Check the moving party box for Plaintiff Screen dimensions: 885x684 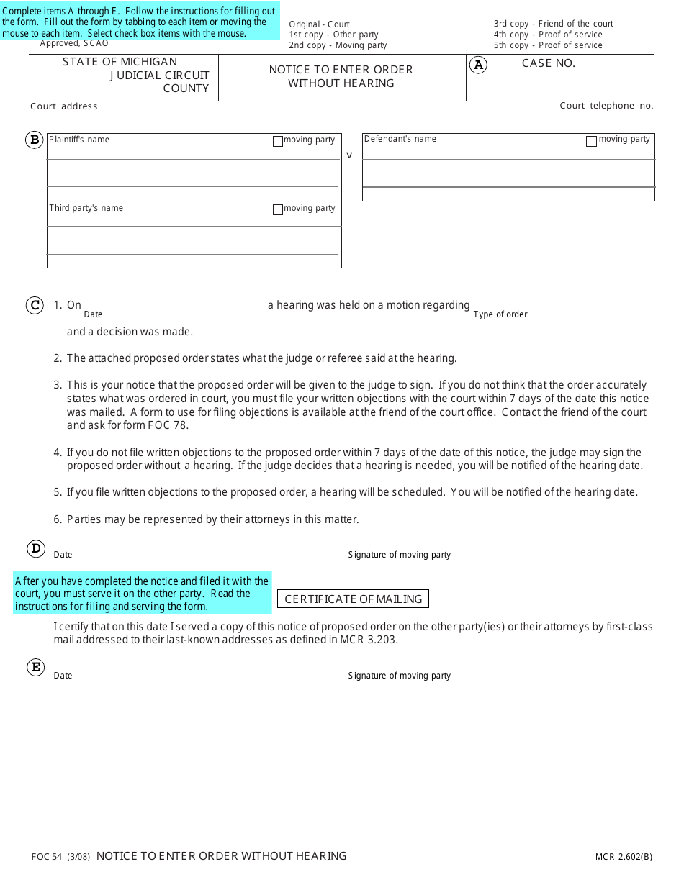278,142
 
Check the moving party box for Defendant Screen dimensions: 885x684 591,142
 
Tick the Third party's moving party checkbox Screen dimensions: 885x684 278,210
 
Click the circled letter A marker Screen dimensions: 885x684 478,65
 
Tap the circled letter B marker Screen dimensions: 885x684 35,140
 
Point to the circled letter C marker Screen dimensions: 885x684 35,305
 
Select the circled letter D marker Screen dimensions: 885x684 36,549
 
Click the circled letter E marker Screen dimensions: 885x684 36,667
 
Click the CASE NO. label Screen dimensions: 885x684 548,63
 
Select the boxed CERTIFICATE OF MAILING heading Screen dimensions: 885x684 353,599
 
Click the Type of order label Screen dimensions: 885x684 500,314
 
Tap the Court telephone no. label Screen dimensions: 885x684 606,106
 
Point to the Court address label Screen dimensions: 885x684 63,106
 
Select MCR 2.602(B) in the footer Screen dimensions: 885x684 624,856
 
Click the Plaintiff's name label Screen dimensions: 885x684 79,140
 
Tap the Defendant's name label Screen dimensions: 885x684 400,139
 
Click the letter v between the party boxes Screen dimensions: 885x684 350,155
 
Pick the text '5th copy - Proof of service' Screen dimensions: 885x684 548,45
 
